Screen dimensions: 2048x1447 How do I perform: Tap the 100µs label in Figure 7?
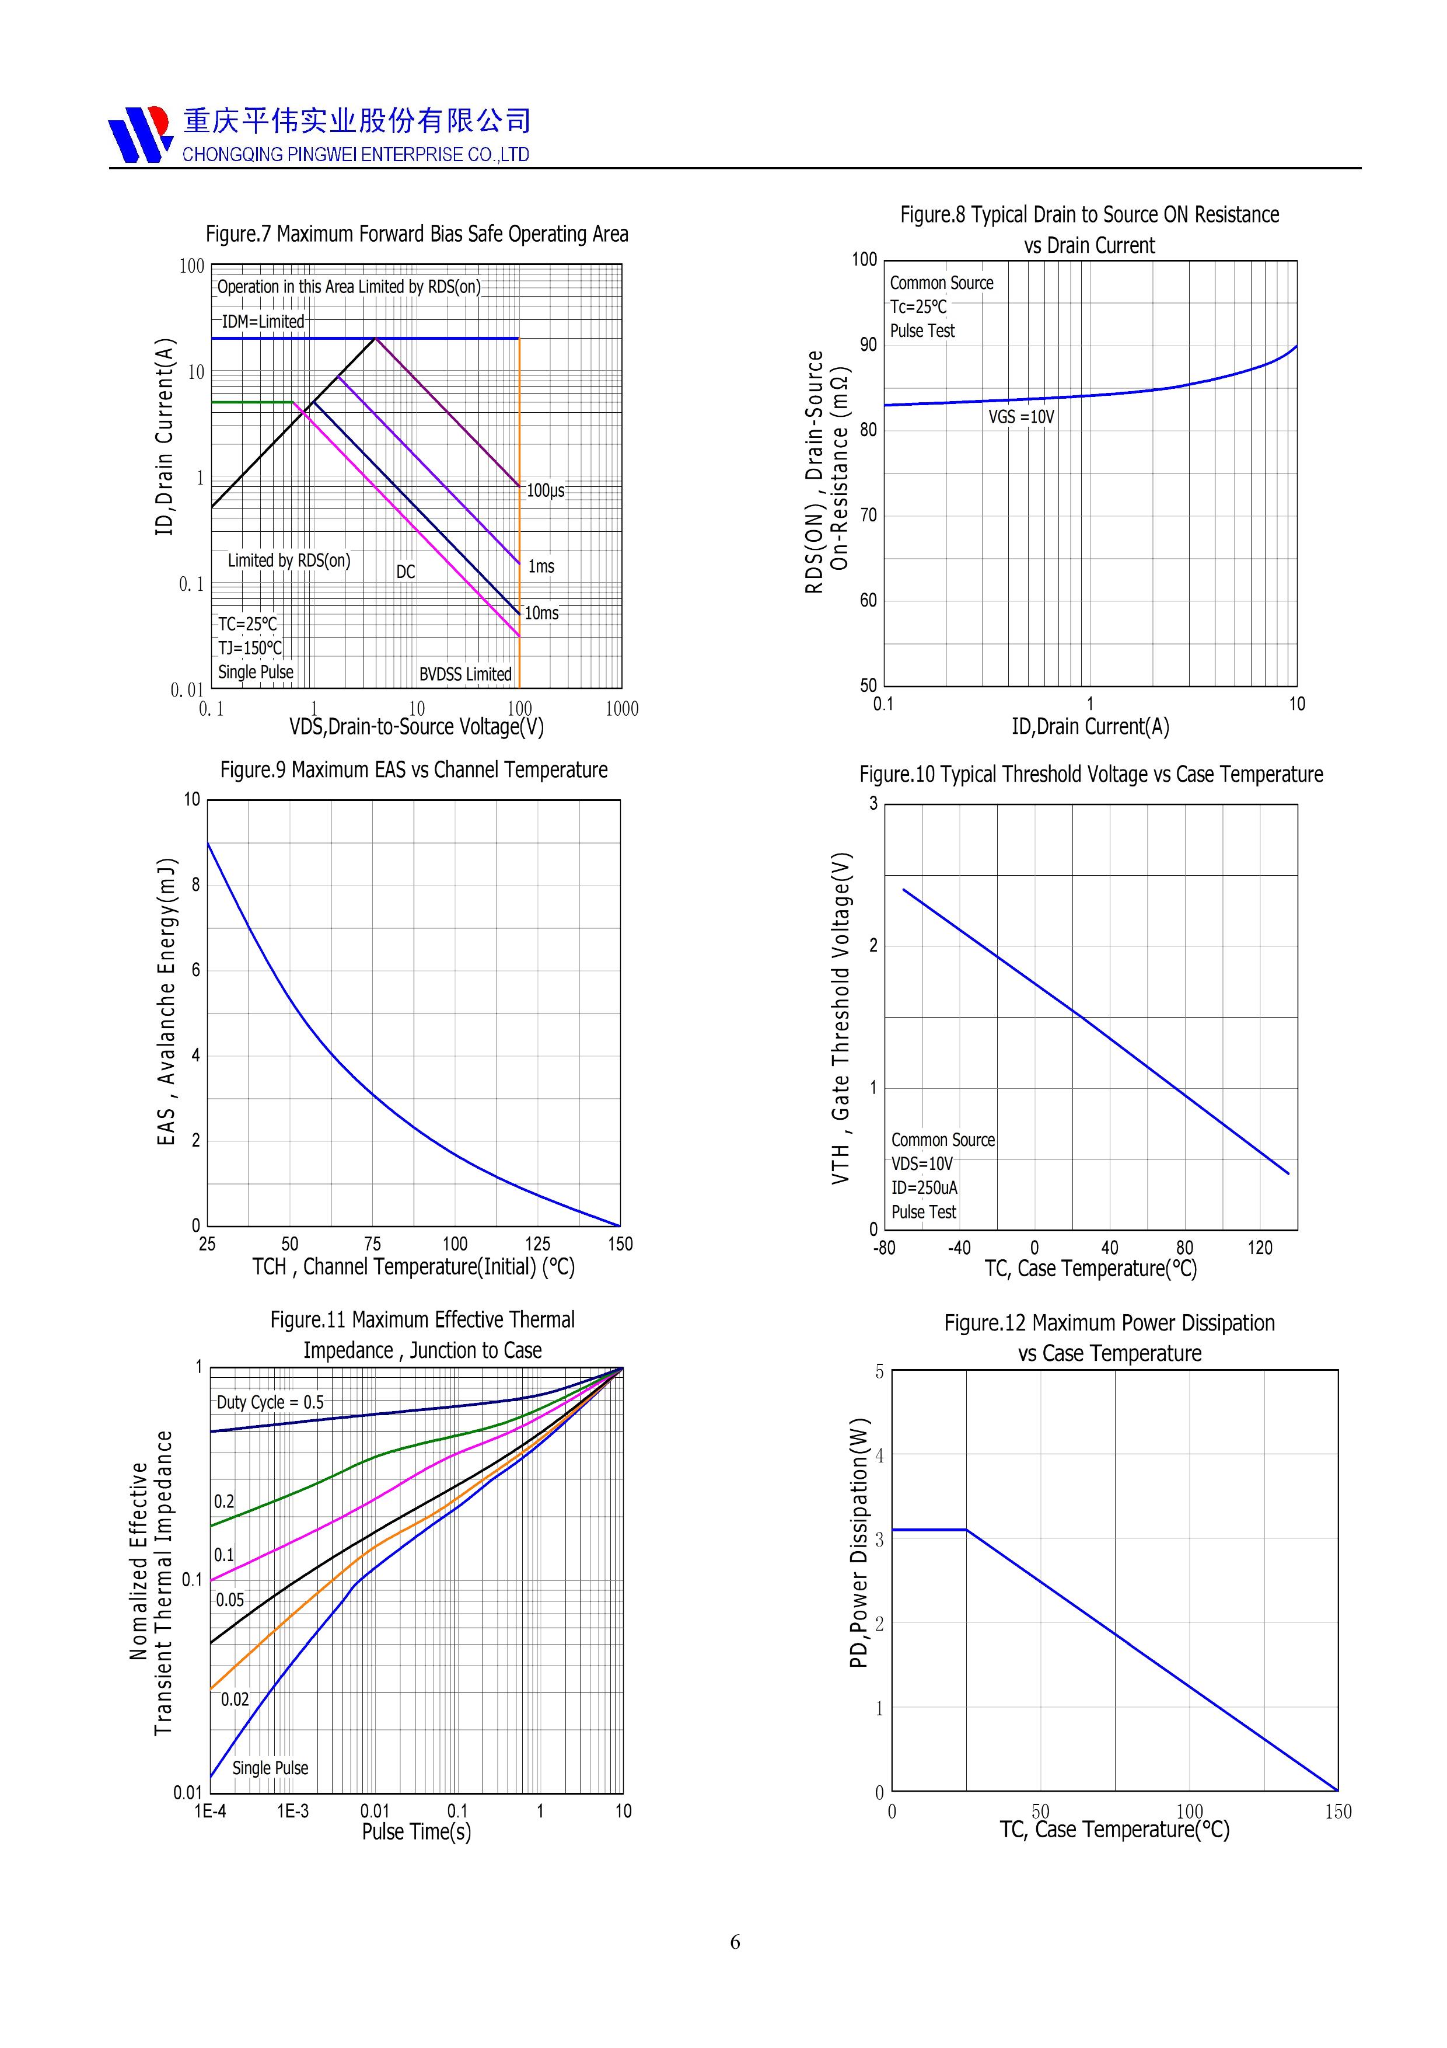[546, 490]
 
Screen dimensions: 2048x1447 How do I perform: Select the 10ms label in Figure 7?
[541, 613]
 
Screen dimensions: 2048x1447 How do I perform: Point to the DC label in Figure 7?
[406, 572]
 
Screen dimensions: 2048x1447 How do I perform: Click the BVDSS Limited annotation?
[466, 674]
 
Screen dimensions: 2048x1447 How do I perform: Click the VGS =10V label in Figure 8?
[1021, 417]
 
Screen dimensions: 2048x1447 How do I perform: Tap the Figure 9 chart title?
[414, 770]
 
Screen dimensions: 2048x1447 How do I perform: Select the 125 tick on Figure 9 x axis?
[537, 1244]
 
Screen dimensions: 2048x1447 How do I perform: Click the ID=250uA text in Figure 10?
[925, 1188]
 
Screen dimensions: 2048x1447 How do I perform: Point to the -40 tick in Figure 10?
[959, 1248]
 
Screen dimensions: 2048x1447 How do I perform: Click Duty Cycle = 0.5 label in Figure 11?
[270, 1402]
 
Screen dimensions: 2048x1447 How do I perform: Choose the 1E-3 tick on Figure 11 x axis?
[292, 1811]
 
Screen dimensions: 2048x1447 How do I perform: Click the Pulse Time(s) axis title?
[417, 1831]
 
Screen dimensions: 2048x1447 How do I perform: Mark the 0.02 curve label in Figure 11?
[235, 1699]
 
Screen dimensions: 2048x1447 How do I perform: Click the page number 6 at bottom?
[735, 1942]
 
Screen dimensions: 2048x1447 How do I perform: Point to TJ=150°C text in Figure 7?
[250, 649]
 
